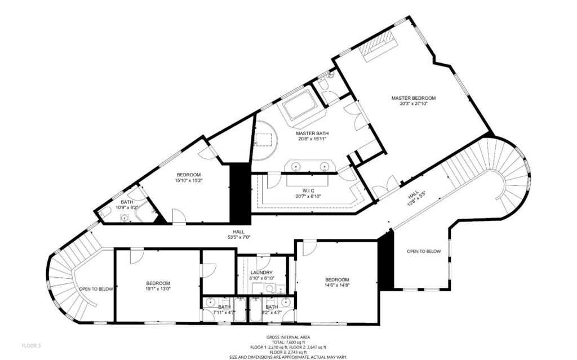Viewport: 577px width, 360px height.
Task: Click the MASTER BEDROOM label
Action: point(414,98)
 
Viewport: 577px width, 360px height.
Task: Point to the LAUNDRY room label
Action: point(261,272)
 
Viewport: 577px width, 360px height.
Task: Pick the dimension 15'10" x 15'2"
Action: point(189,181)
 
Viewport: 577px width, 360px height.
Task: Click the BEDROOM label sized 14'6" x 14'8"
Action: point(336,280)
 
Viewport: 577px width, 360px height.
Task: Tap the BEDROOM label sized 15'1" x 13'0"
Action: point(158,283)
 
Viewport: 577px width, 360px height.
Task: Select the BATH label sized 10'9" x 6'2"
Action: point(126,202)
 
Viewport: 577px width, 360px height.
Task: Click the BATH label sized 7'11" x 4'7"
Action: point(225,307)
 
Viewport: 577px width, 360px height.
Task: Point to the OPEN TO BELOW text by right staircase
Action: point(425,251)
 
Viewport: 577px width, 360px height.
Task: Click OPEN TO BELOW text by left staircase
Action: point(96,289)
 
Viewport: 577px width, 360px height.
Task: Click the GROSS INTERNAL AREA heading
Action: point(288,337)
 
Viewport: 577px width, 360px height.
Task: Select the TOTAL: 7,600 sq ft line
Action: point(288,342)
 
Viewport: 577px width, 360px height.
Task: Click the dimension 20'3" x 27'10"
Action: point(414,104)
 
